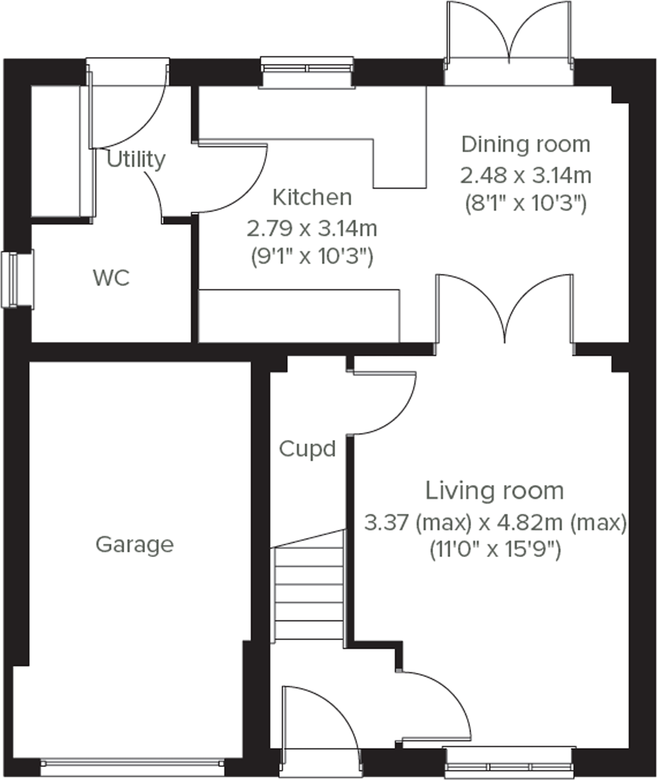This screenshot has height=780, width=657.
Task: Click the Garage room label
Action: (135, 545)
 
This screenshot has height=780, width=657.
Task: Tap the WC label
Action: (111, 278)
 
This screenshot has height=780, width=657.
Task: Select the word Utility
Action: (136, 159)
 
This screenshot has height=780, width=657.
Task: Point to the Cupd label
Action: (307, 449)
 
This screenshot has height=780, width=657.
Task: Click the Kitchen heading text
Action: (312, 198)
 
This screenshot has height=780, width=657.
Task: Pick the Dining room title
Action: (526, 144)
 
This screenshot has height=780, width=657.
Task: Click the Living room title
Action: (494, 491)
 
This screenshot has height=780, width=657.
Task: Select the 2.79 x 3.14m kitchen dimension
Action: (312, 228)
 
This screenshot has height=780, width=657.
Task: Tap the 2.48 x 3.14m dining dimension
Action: (526, 175)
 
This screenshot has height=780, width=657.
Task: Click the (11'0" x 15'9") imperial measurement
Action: (495, 549)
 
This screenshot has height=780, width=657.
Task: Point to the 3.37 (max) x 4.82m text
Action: (495, 523)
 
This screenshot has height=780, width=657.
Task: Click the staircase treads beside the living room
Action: (309, 593)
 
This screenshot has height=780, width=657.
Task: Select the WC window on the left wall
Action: (17, 279)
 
